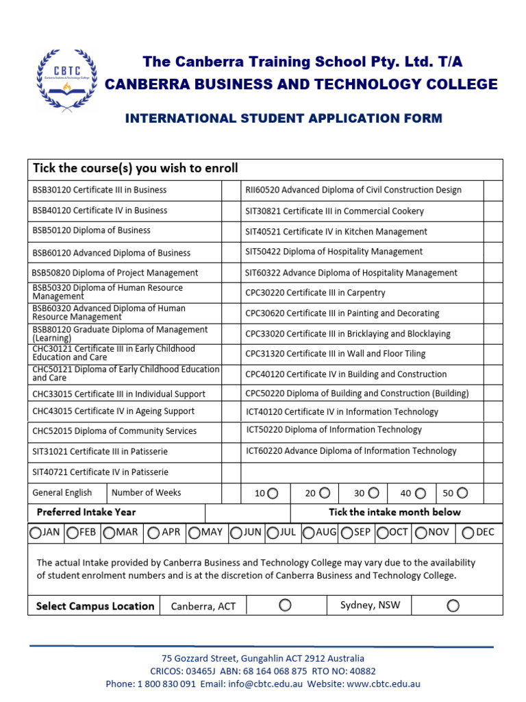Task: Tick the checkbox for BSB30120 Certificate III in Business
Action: point(229,190)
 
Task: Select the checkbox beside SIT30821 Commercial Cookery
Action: point(492,211)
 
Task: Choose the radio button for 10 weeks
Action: point(273,493)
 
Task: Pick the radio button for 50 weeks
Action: point(463,493)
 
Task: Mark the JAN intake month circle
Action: point(35,533)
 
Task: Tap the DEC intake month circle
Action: point(467,533)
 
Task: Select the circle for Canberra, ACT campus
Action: point(285,605)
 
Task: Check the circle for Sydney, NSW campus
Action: point(453,605)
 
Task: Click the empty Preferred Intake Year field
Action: point(248,512)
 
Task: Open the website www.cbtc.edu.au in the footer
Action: point(384,683)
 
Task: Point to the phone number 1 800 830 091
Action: point(166,683)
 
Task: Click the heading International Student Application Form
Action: point(284,119)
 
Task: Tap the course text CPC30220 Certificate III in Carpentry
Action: point(315,293)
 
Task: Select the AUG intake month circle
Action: point(309,533)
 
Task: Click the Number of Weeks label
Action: point(146,492)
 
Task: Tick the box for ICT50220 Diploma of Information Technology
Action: point(492,431)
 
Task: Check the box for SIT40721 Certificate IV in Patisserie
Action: point(229,472)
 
